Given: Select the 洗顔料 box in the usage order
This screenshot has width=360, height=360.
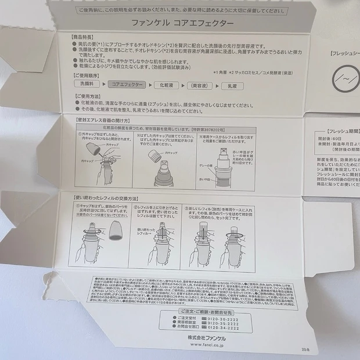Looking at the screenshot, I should pos(89,85).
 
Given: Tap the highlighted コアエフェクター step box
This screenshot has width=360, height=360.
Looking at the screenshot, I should pos(125,85).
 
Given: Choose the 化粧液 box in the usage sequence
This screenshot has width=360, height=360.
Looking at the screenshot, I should pos(164,85).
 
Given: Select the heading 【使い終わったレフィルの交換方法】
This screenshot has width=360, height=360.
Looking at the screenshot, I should pos(109,198).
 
